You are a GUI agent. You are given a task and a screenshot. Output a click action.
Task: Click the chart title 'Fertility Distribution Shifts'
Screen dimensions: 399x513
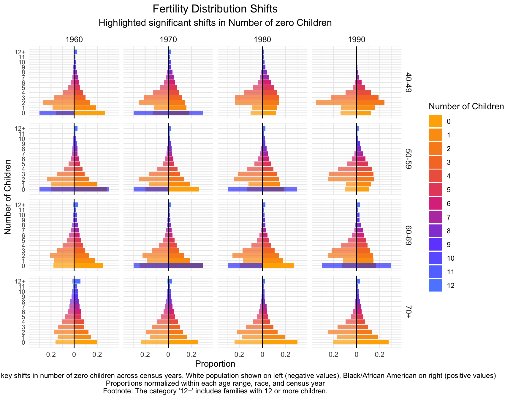(215, 9)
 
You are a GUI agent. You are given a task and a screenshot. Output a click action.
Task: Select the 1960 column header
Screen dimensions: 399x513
(74, 40)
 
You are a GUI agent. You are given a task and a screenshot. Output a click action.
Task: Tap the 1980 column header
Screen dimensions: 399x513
(262, 40)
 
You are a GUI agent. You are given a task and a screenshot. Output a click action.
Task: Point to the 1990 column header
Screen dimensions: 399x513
(357, 40)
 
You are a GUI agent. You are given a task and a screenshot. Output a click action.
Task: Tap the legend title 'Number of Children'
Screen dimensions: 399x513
(466, 107)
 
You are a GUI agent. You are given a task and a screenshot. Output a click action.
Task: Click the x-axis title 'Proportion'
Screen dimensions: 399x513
(215, 364)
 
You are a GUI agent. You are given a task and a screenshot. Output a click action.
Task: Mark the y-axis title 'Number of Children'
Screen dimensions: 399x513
(8, 197)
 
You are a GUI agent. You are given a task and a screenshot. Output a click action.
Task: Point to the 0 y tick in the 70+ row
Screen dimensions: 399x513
(23, 343)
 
